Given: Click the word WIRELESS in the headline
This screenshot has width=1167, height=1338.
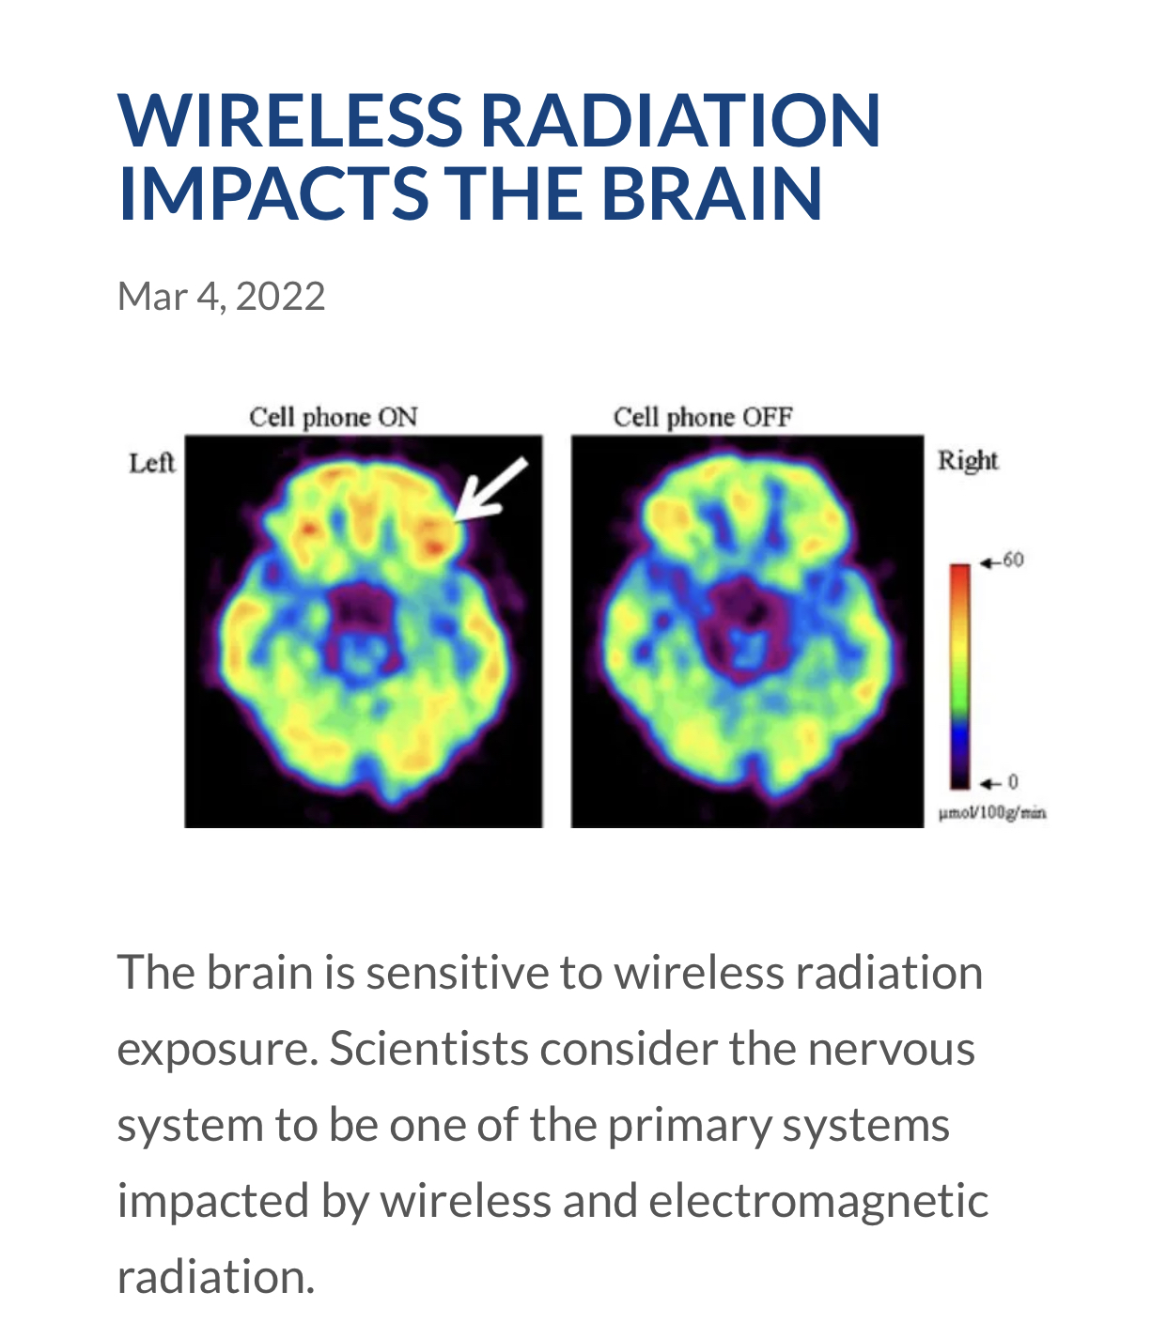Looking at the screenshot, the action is tap(290, 119).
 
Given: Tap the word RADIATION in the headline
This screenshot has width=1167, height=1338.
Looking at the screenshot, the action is tap(680, 119).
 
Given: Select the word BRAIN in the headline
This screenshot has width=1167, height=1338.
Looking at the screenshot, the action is tap(711, 193).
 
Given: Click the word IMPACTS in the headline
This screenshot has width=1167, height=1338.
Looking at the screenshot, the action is tap(272, 193).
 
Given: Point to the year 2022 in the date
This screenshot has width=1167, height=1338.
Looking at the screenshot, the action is tap(280, 297).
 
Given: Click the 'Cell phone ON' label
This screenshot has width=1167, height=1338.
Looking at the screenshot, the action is tap(334, 417).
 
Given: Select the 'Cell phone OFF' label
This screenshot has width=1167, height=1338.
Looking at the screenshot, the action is tap(703, 417).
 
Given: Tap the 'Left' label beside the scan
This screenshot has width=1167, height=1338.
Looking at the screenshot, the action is tap(152, 463).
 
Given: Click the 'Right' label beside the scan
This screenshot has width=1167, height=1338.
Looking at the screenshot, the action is tap(968, 461).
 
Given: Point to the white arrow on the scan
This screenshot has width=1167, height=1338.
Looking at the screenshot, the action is tap(490, 490).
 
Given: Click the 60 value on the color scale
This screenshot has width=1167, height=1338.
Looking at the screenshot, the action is tap(1013, 560).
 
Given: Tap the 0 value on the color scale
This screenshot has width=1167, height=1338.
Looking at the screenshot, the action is tap(1013, 782).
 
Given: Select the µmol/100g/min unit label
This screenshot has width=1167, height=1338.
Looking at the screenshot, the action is tap(992, 813).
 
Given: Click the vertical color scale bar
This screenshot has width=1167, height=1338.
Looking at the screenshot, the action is tap(960, 676).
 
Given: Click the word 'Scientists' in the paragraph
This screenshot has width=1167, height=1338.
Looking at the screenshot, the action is tap(428, 1049).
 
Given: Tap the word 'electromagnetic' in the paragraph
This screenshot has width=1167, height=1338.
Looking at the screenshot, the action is tap(818, 1201).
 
